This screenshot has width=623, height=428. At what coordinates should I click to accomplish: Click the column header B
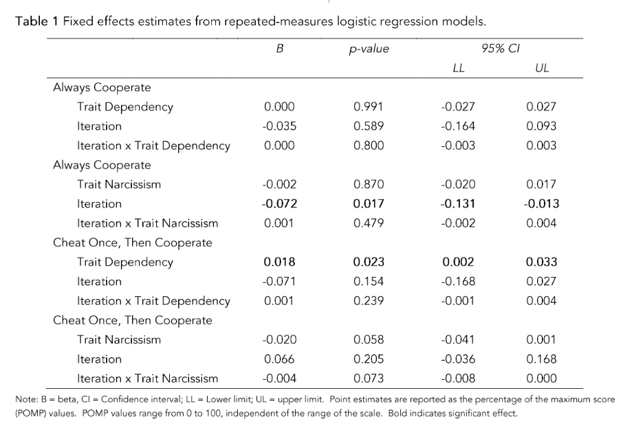point(280,49)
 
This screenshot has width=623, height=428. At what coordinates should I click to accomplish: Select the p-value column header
point(369,49)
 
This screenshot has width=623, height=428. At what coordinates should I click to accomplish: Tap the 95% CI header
point(500,49)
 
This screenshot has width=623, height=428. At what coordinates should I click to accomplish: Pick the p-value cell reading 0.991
point(369,107)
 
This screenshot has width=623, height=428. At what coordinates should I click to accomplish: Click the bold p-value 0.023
point(369,262)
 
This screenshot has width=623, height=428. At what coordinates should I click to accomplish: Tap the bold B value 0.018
point(280,262)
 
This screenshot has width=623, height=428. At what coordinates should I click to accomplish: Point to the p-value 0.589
point(369,126)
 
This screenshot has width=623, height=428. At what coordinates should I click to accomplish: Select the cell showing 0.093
point(542,126)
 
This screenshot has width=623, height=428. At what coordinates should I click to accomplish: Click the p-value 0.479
point(369,223)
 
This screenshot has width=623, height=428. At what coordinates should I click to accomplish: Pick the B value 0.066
point(280,359)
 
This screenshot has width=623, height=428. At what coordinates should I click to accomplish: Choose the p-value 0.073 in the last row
point(369,379)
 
